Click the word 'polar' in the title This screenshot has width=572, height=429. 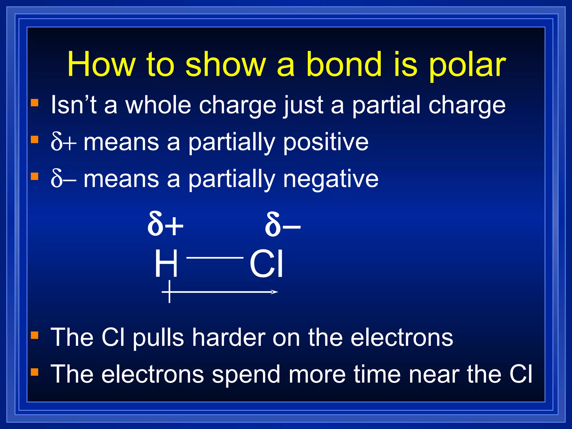(467, 65)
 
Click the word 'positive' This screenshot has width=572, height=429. (326, 142)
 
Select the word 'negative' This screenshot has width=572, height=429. (331, 179)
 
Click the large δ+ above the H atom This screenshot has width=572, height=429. (165, 224)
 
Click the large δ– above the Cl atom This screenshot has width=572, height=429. (282, 224)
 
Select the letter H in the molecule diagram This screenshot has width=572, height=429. (166, 263)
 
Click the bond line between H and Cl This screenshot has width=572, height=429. (215, 258)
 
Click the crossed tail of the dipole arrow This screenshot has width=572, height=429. (170, 292)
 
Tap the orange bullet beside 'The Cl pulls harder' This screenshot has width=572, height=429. (34, 335)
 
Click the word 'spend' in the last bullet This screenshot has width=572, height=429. (246, 375)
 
